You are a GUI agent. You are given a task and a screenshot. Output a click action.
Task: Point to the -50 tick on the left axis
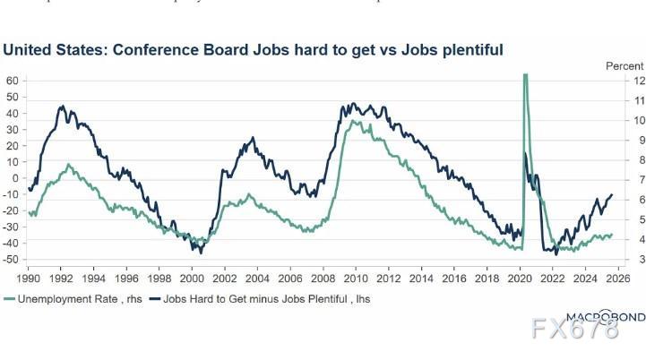(x=12, y=259)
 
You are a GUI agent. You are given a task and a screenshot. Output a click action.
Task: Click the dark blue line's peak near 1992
(x=61, y=107)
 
